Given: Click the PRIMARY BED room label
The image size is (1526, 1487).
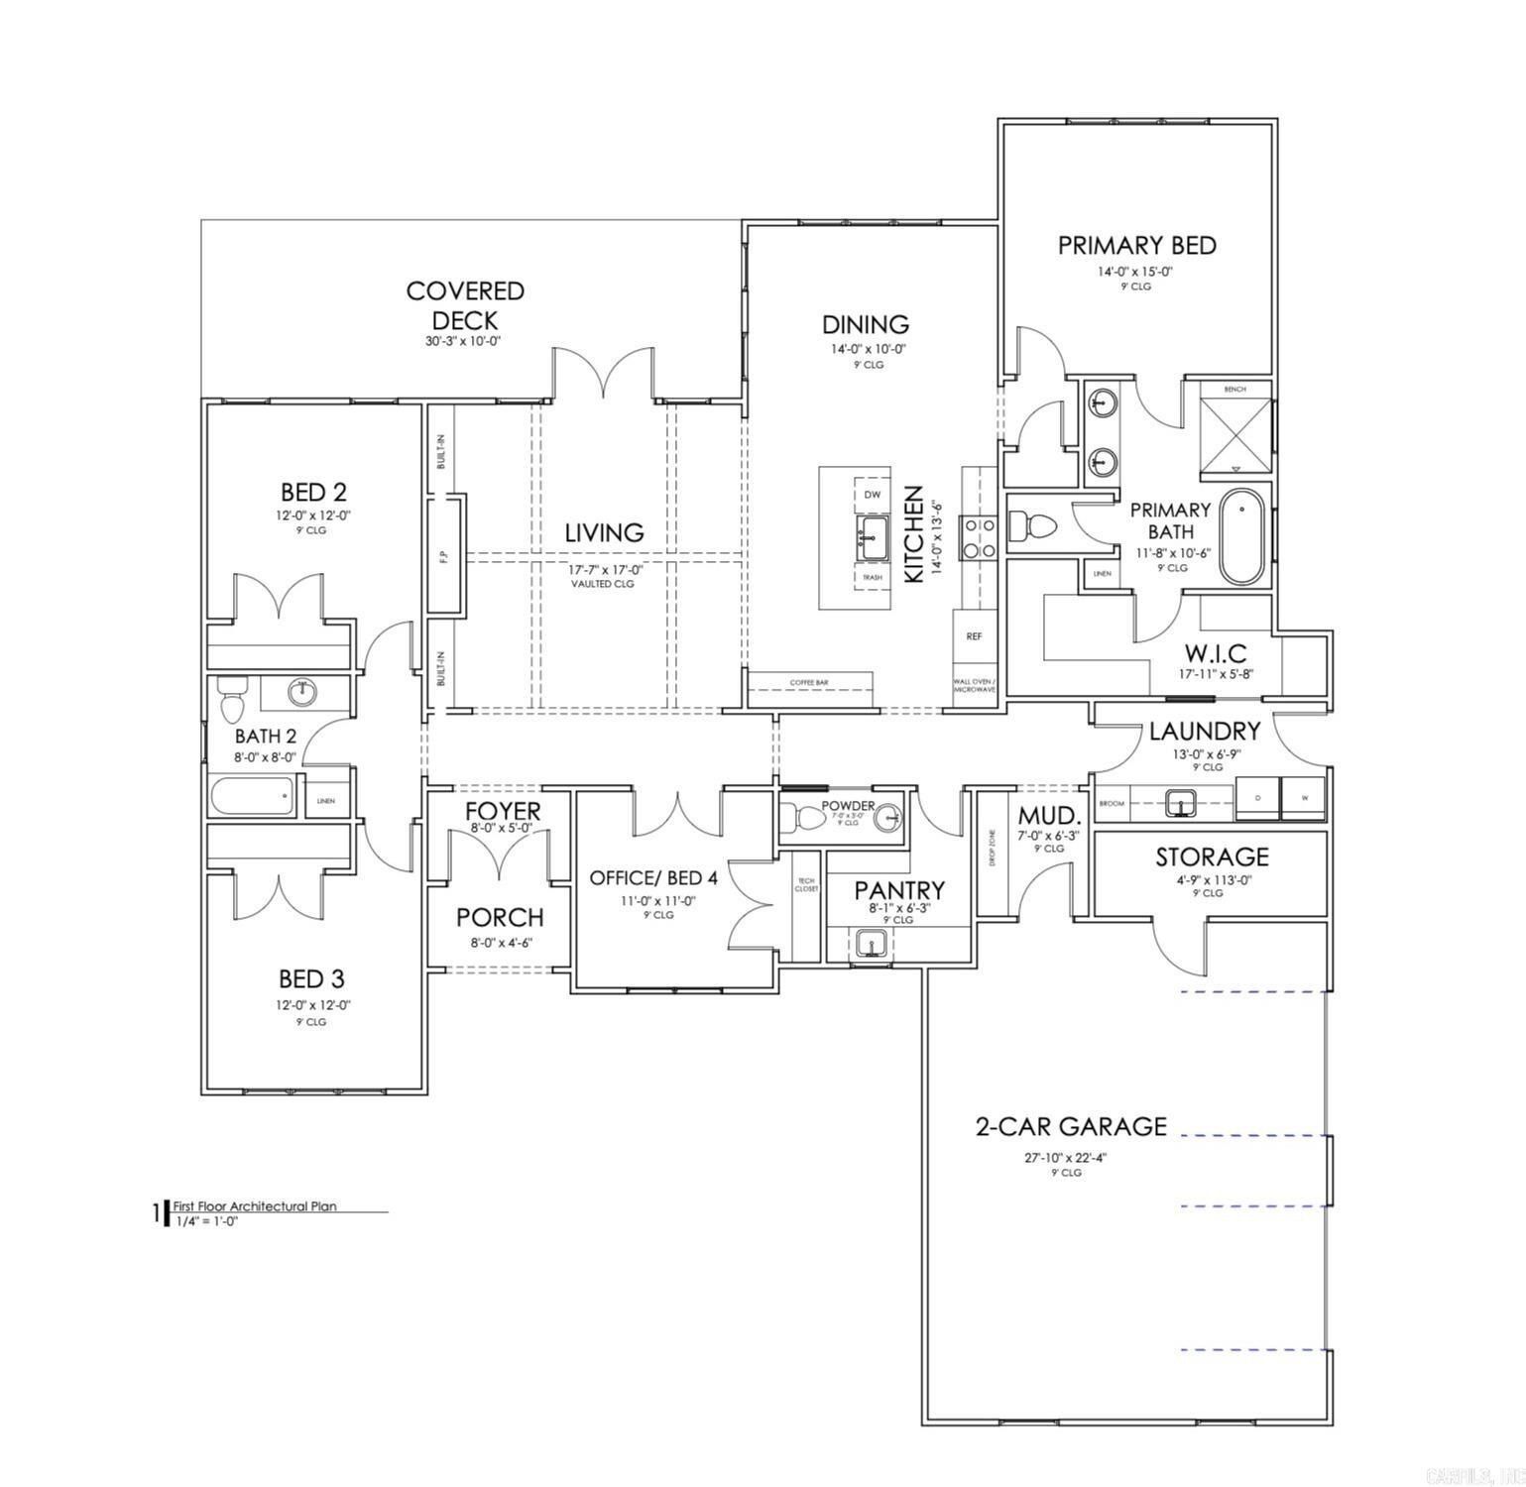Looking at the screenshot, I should [1136, 246].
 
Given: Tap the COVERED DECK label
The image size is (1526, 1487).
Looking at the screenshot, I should [465, 305].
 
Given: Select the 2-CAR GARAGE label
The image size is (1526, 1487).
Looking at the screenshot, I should [1071, 1126].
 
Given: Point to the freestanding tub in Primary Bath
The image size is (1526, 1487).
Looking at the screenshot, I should [1241, 536].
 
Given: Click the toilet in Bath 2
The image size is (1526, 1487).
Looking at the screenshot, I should [231, 700].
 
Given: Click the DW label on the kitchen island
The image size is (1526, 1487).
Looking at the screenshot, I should [872, 494].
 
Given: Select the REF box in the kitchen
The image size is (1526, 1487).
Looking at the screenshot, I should [974, 636].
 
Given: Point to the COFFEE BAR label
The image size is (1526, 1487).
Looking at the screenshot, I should [809, 683].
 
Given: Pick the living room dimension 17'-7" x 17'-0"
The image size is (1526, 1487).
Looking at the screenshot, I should [604, 570].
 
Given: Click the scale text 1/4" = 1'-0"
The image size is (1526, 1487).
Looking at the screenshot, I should [207, 1220].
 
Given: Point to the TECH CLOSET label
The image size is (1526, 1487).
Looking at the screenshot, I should [805, 884].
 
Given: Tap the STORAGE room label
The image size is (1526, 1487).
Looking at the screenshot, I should [1212, 857].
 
